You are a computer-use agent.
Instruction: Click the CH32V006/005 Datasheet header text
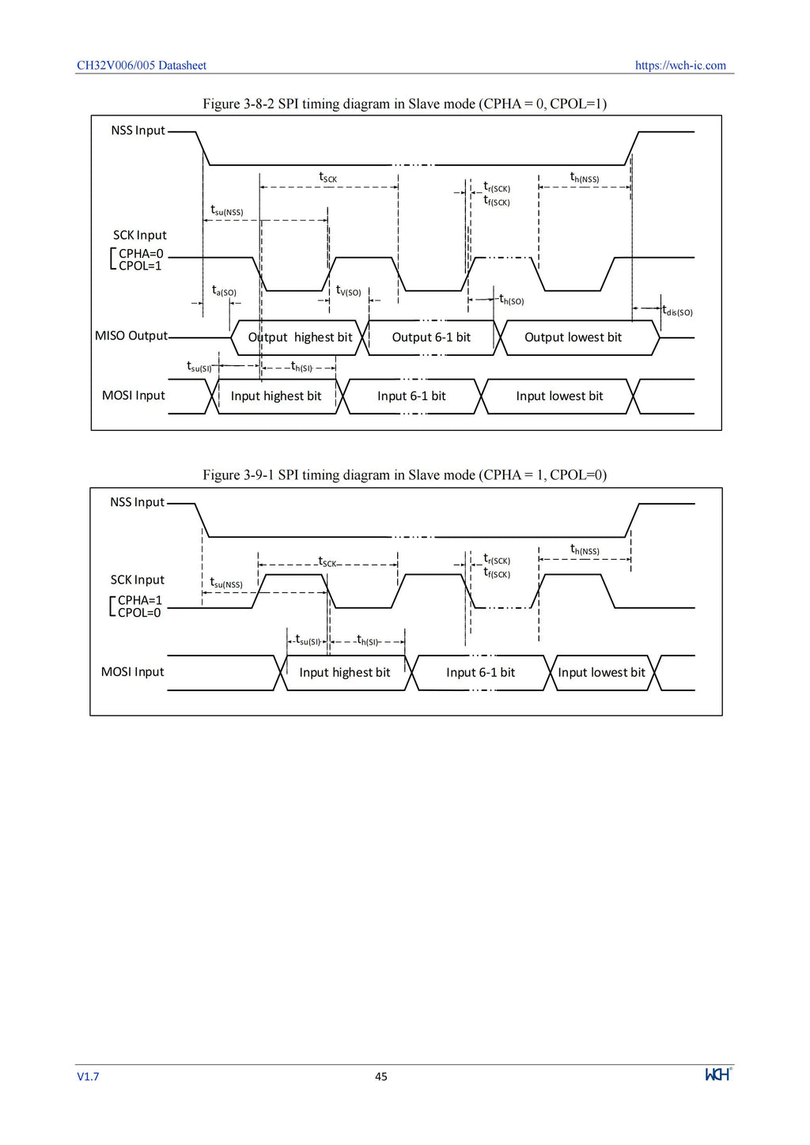[x=142, y=66]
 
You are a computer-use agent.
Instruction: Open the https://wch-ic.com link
[x=680, y=66]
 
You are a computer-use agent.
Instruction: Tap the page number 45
[x=381, y=1076]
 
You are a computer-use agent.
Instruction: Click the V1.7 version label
[x=88, y=1076]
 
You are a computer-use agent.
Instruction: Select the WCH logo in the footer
[x=718, y=1074]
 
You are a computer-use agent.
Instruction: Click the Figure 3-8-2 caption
[x=404, y=104]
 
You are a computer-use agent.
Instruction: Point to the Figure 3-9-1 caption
[x=404, y=475]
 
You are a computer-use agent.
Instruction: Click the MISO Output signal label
[x=131, y=336]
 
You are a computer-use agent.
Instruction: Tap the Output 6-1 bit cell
[x=431, y=338]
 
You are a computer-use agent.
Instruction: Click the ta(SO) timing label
[x=224, y=291]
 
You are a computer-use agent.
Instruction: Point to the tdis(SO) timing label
[x=678, y=311]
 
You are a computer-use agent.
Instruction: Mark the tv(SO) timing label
[x=348, y=291]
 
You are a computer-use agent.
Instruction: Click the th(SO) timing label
[x=511, y=299]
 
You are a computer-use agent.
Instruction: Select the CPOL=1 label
[x=140, y=266]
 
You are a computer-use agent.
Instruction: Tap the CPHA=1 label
[x=139, y=600]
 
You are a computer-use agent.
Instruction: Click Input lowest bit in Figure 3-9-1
[x=601, y=672]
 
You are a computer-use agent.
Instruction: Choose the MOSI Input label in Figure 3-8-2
[x=134, y=395]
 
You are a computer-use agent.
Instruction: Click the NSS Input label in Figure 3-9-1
[x=137, y=502]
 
